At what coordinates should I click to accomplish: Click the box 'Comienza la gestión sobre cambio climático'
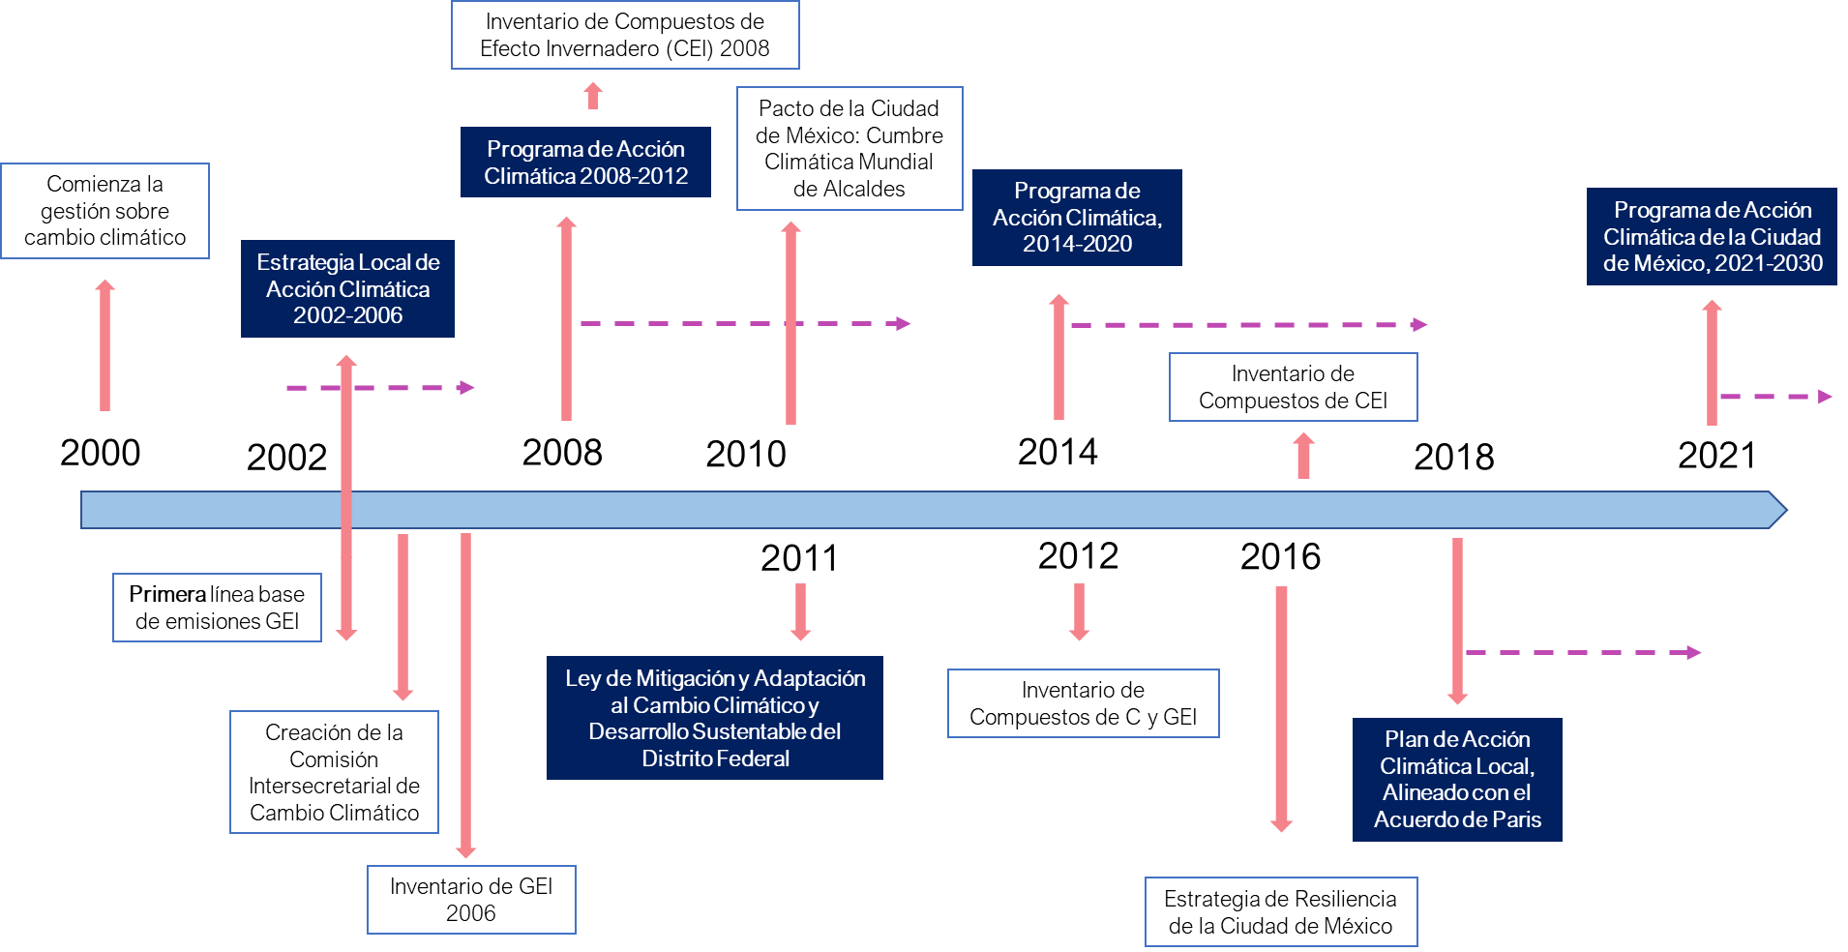[104, 211]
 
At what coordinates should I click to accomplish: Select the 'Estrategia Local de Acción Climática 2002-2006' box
[347, 288]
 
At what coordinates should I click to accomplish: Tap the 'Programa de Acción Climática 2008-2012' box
[585, 163]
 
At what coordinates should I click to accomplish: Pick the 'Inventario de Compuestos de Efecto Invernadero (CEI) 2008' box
[625, 35]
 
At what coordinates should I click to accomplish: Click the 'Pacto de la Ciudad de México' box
[849, 148]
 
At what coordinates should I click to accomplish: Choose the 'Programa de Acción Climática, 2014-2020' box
[1077, 218]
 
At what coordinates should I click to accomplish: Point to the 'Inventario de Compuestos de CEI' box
[1293, 387]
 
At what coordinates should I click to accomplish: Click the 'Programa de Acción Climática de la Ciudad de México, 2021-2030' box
[1712, 237]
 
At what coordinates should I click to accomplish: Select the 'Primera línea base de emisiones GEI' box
[217, 608]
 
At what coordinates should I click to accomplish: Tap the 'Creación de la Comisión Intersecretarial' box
[334, 772]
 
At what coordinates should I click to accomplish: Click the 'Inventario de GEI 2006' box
[471, 900]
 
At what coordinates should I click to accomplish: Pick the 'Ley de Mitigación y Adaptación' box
[715, 718]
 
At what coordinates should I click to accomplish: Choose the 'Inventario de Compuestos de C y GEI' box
[1083, 703]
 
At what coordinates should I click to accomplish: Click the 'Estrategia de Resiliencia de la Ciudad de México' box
[1280, 912]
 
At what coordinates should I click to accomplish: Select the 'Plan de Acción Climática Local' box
[1457, 780]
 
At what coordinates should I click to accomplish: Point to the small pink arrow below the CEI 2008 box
[593, 96]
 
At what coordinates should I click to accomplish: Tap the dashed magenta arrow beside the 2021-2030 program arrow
[1776, 397]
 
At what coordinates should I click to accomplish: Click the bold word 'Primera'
[167, 594]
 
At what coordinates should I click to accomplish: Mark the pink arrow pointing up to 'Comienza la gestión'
[104, 345]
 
